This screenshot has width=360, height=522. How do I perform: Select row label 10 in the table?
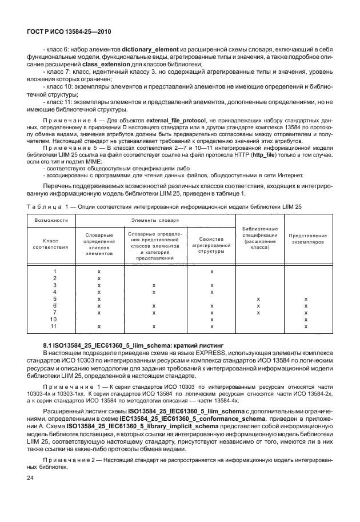point(54,320)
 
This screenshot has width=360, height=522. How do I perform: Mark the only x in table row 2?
point(99,278)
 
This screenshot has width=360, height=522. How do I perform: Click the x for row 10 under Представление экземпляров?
point(306,320)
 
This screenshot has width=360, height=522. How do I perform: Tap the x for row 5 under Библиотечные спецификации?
point(259,298)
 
